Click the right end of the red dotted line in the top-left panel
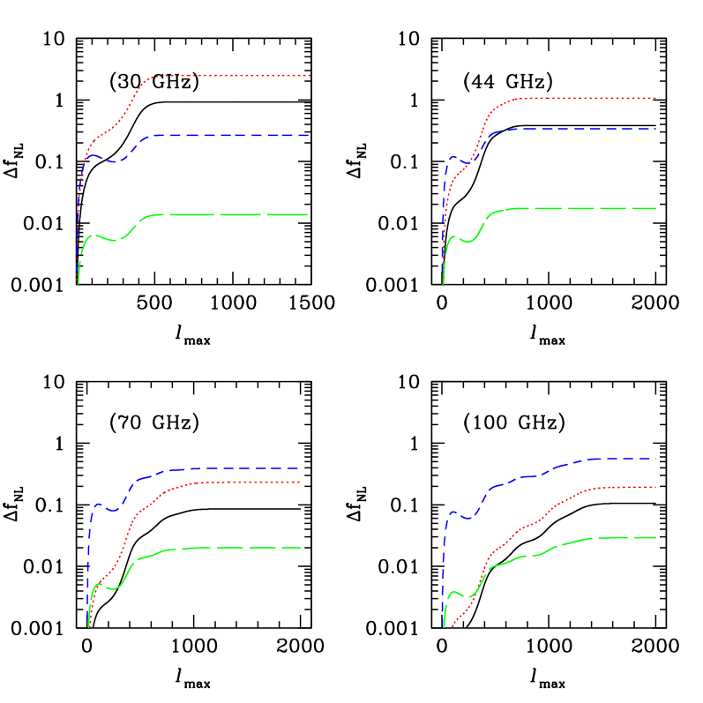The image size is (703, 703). [x=310, y=76]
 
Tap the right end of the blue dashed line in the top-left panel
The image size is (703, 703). [x=308, y=136]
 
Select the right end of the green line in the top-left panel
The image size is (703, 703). [x=307, y=215]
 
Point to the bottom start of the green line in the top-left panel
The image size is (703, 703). [x=79, y=284]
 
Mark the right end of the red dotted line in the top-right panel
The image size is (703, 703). [x=655, y=98]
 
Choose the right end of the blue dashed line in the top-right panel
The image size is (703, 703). [x=655, y=129]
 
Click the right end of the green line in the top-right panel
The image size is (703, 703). [x=655, y=208]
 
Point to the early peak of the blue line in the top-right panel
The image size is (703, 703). [x=453, y=157]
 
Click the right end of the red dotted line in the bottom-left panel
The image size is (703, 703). [x=301, y=482]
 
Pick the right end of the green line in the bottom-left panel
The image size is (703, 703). [x=301, y=548]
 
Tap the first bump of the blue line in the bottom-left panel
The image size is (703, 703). [x=100, y=505]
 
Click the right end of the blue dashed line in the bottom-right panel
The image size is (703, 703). [x=655, y=459]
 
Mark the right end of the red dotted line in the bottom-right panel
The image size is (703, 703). [x=655, y=487]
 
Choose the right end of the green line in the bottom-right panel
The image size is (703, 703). [x=655, y=537]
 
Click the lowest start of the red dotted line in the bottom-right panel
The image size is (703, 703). [x=451, y=628]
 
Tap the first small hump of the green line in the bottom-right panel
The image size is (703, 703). [x=455, y=592]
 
